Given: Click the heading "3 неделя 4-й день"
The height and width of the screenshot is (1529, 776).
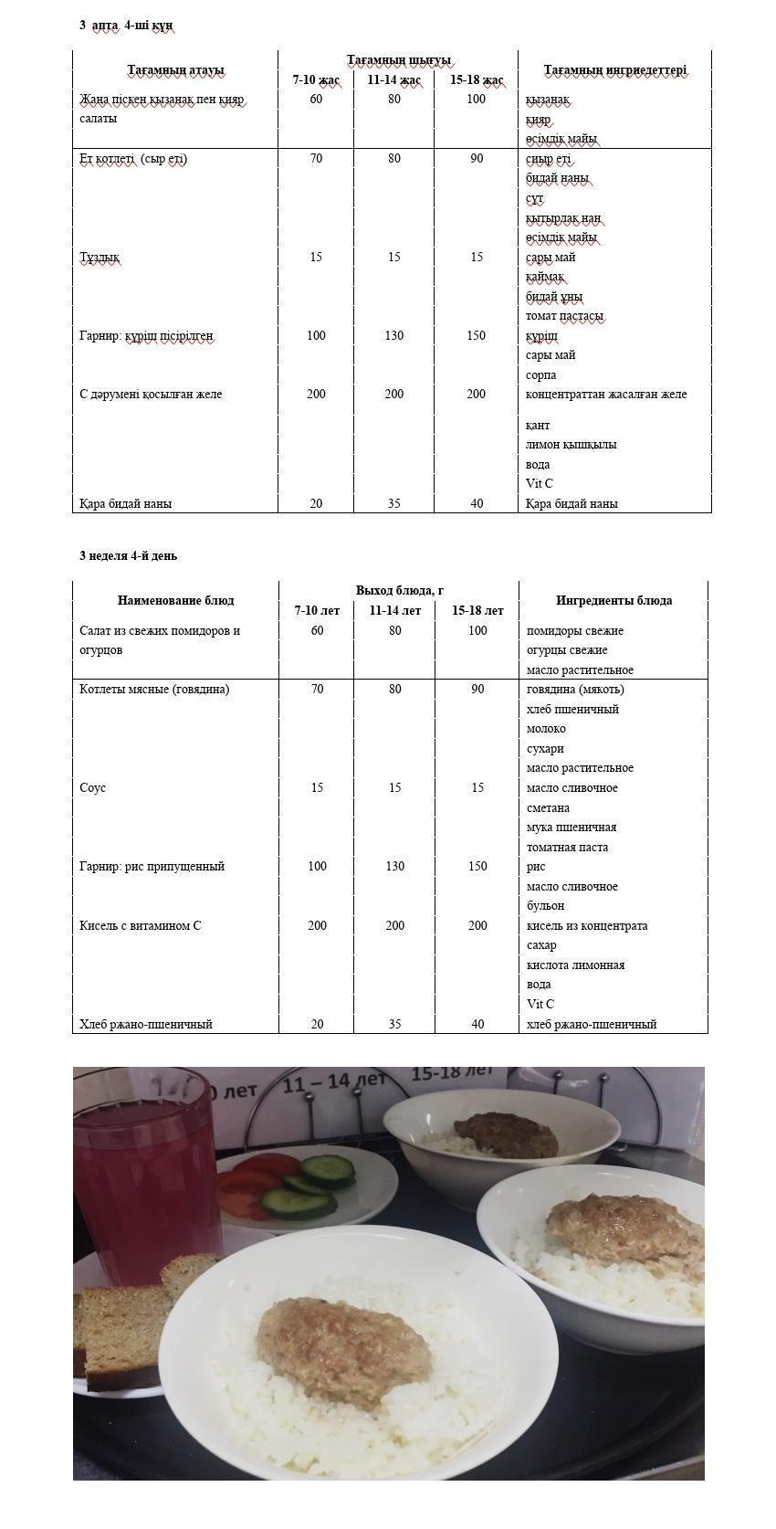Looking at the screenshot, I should coord(128,555).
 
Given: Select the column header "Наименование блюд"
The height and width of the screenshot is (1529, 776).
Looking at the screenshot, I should coord(175,600).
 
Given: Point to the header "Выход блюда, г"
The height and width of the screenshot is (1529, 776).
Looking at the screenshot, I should coord(399,590).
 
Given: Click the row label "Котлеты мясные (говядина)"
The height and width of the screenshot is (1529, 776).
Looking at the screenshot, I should coord(154,690).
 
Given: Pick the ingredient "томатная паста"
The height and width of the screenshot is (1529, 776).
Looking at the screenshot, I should coord(567,847).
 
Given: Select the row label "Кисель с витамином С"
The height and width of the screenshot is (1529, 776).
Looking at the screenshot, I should coord(140,925).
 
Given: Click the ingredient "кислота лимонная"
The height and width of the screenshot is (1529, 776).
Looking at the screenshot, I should coord(575,965).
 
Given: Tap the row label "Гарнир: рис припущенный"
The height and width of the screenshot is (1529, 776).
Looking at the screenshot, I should coord(152,866).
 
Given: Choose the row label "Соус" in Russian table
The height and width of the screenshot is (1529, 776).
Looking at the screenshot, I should coord(92,787).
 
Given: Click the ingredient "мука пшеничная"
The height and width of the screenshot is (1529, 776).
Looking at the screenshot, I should coord(571,827).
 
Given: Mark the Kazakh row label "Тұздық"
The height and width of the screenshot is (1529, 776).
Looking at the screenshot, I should coord(99,257).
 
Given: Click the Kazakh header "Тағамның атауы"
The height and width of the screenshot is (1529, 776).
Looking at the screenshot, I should coord(175,70).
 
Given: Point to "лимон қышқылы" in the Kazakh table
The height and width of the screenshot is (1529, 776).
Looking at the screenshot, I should coord(571,445).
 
